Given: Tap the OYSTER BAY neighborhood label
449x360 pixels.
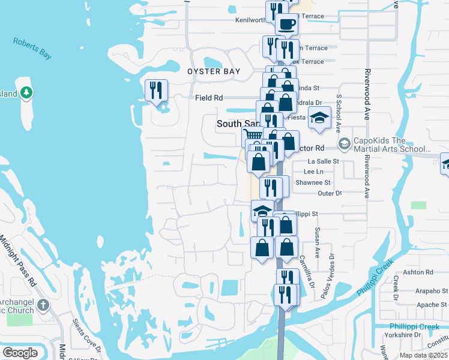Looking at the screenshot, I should (214, 71).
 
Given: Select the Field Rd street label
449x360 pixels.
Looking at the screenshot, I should (209, 97).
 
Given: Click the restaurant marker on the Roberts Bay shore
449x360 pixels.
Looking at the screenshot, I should (156, 91).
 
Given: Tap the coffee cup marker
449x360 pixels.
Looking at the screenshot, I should (286, 25).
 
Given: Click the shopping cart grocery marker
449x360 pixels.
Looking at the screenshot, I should (253, 137).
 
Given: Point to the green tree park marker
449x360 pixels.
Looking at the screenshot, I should (25, 92).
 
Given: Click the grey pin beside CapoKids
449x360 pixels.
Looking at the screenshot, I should (345, 144).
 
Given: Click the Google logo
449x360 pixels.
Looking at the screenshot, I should (20, 353).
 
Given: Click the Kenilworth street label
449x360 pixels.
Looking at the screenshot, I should (250, 20).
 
